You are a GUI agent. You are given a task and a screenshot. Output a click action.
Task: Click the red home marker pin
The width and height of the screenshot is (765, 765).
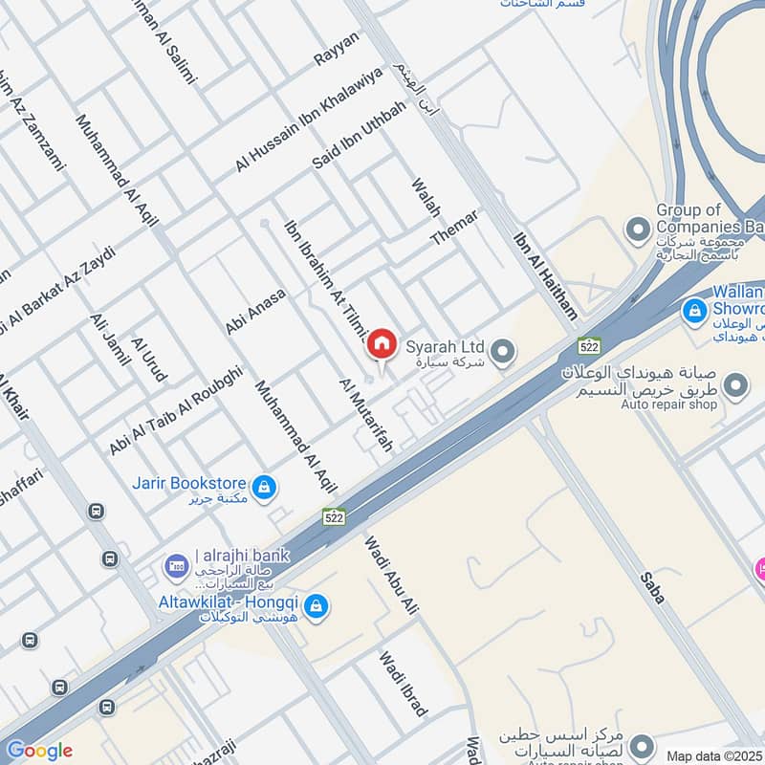[382, 343]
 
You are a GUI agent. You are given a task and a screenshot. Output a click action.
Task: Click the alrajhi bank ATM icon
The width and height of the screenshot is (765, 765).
[175, 566]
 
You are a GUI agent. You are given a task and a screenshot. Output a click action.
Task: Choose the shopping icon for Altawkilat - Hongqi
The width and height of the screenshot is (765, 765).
[317, 605]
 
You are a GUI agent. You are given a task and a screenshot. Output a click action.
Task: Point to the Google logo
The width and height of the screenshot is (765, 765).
[39, 751]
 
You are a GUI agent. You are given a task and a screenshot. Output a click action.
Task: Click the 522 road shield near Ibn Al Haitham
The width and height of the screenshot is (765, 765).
[587, 344]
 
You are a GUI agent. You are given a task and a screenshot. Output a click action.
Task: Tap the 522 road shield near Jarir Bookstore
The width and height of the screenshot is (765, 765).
[333, 516]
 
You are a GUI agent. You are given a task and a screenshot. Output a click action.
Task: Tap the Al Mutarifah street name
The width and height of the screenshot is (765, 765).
[366, 415]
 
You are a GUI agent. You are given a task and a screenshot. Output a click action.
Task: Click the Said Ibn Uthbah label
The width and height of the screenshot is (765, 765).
[359, 135]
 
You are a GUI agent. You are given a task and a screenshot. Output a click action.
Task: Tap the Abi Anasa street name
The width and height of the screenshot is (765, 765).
[255, 312]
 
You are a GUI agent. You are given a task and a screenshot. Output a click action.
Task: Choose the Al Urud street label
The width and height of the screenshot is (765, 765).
[149, 360]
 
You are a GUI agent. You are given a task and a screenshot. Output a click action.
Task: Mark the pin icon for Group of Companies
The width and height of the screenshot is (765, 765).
[637, 229]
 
